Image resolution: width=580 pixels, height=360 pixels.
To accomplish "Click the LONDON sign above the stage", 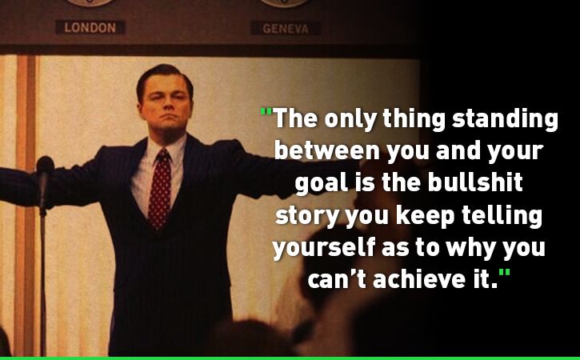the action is [x=90, y=27].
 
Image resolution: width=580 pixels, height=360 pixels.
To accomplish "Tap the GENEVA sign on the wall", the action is [x=286, y=28].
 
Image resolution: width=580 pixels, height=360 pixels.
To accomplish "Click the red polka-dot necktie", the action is [x=160, y=189].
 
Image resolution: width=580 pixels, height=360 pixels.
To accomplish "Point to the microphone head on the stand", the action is [x=45, y=166].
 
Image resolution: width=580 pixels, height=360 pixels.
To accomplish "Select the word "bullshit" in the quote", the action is [x=475, y=182].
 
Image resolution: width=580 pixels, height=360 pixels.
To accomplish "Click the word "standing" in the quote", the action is [x=505, y=119].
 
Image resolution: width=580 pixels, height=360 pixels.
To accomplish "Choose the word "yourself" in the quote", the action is [x=324, y=247].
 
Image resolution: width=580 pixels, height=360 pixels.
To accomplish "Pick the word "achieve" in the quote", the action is [x=419, y=278].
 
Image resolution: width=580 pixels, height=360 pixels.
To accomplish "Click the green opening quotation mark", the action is [x=266, y=111].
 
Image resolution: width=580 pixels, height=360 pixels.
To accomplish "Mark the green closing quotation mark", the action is [x=504, y=273].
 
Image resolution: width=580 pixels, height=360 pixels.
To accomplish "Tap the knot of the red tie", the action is [x=162, y=156].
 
